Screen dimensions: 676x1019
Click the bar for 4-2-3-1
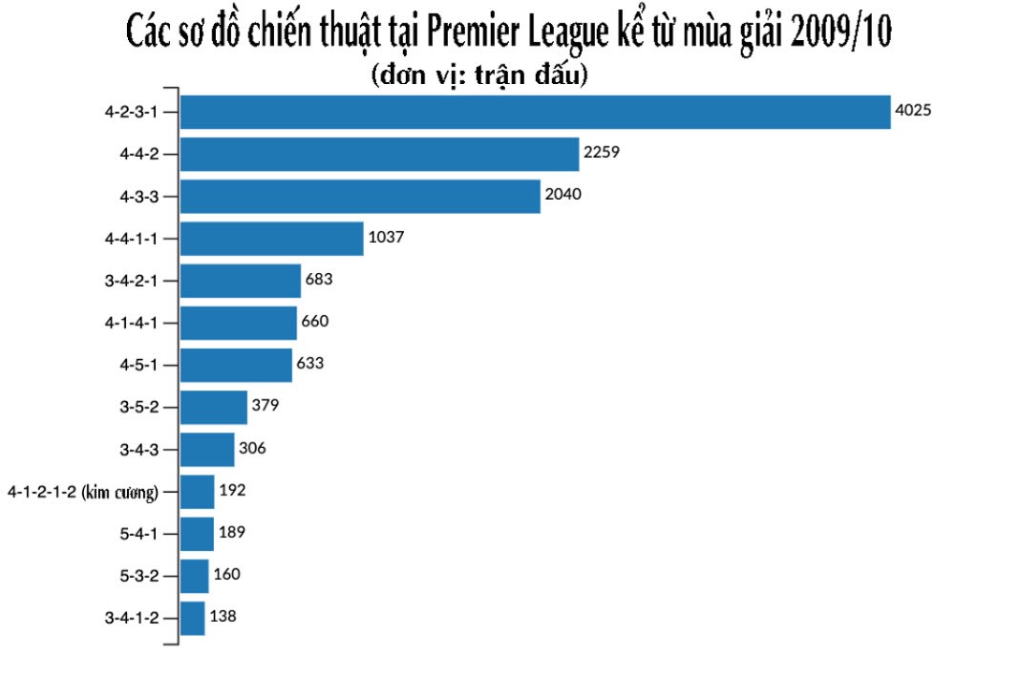tap(535, 112)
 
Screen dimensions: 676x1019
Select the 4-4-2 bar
tap(379, 154)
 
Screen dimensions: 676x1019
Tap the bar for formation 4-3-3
tap(360, 197)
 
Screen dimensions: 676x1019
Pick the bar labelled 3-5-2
tap(213, 408)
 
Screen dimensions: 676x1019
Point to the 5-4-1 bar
tap(197, 534)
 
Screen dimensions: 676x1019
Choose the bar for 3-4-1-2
tap(192, 618)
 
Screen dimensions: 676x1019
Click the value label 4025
tap(912, 111)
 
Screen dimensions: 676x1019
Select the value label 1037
tap(387, 238)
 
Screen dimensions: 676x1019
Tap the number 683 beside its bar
tap(318, 280)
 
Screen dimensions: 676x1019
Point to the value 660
tap(315, 322)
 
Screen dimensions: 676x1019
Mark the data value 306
tap(253, 448)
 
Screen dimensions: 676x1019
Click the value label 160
tap(227, 574)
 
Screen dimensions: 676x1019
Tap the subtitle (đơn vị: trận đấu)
tap(478, 76)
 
